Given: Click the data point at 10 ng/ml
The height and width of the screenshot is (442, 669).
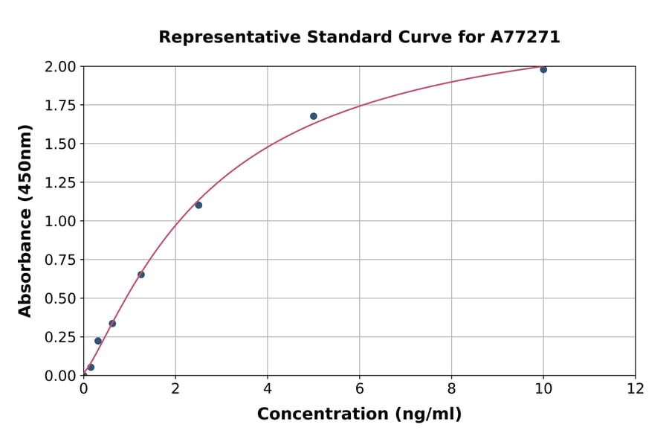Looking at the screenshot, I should pyautogui.click(x=543, y=69).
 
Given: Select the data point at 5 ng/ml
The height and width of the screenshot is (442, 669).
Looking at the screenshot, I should pyautogui.click(x=314, y=116).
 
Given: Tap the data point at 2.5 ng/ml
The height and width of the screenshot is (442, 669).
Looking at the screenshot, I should pyautogui.click(x=198, y=205).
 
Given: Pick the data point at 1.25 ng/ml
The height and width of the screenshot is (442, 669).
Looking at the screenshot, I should pyautogui.click(x=141, y=275).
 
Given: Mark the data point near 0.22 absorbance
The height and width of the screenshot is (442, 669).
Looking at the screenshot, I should pyautogui.click(x=98, y=341).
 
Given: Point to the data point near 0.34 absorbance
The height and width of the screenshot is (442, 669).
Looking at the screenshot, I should pyautogui.click(x=112, y=324).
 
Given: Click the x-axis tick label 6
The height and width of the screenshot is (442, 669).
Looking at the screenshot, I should pyautogui.click(x=359, y=388).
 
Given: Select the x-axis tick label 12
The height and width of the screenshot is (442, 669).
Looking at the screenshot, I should pyautogui.click(x=636, y=388).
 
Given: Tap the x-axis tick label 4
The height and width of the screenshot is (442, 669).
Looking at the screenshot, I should pyautogui.click(x=268, y=388).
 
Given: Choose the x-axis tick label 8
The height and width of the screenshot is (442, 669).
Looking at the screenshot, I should pyautogui.click(x=451, y=388).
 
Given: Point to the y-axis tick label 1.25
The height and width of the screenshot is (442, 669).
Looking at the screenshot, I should pyautogui.click(x=60, y=182).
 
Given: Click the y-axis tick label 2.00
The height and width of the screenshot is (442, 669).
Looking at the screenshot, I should pyautogui.click(x=60, y=67).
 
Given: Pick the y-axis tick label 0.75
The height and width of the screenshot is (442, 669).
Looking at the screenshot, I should pyautogui.click(x=60, y=260).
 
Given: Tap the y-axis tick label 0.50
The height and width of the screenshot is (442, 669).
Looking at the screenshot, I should pyautogui.click(x=60, y=298).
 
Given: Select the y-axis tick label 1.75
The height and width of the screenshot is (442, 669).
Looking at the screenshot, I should pyautogui.click(x=60, y=106).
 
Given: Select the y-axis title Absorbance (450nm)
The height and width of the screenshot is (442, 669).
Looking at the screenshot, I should pyautogui.click(x=25, y=220).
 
